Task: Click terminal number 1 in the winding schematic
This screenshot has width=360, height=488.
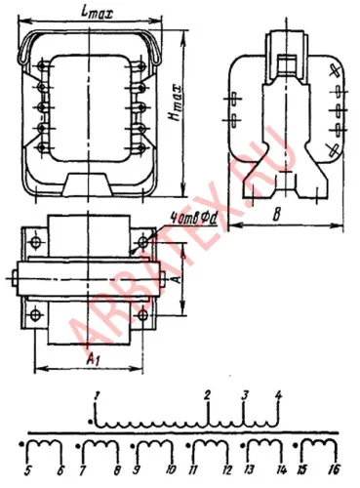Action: pos(98,393)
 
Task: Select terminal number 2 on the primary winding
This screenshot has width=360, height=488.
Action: pos(208,394)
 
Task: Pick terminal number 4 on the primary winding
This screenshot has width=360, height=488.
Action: pos(279,394)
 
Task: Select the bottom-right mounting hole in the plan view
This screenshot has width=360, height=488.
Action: pos(143,314)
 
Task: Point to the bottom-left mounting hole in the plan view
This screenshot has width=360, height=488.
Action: pos(35,314)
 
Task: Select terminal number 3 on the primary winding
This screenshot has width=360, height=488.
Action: pos(245,394)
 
